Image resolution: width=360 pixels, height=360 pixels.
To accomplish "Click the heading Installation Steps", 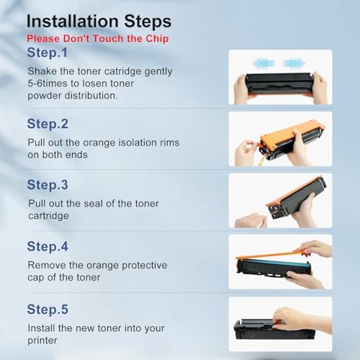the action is [99, 22].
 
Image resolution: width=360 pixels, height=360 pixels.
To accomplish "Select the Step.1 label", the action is [48, 53].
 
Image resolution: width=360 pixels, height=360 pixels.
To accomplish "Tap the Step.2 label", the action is [48, 124].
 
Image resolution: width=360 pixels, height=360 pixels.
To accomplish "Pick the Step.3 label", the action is [48, 185].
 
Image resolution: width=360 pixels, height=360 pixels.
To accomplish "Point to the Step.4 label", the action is [48, 247].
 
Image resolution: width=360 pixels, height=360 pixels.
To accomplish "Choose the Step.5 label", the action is [48, 310].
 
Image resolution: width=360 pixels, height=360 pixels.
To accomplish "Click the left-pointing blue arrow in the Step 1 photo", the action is [264, 63].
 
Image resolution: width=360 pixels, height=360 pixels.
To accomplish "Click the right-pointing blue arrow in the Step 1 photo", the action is [294, 63].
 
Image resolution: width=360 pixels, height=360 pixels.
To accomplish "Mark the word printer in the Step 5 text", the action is [42, 341].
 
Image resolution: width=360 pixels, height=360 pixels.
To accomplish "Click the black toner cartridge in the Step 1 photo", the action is [279, 83].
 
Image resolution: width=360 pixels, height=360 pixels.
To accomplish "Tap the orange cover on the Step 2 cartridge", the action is [289, 132].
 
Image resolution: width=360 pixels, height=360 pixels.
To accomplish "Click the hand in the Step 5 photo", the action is [302, 320].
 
